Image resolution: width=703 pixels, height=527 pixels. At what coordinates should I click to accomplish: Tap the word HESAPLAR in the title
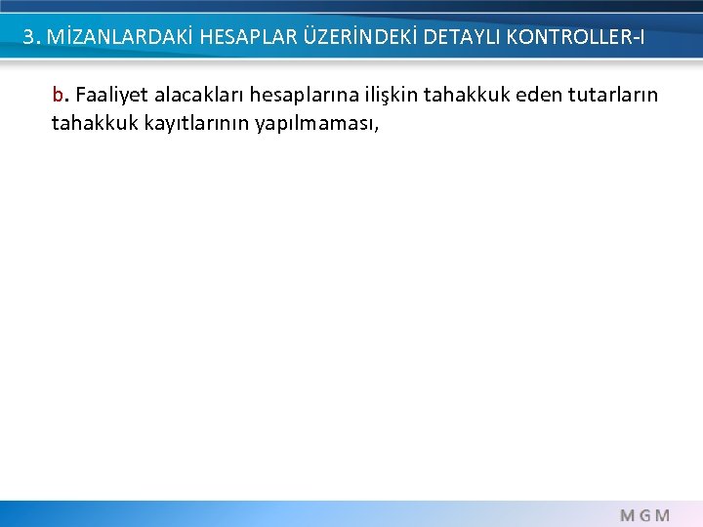coord(238,37)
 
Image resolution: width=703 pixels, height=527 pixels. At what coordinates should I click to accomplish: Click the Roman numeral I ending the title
coord(641,37)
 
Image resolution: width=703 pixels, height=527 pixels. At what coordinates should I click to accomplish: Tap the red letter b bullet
coord(58,96)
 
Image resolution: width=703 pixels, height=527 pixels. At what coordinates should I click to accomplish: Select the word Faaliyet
coord(111,96)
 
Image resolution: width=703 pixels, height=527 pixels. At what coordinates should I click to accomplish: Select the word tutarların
coord(613,96)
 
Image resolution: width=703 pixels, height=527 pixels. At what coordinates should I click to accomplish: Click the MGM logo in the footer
coord(644,514)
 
